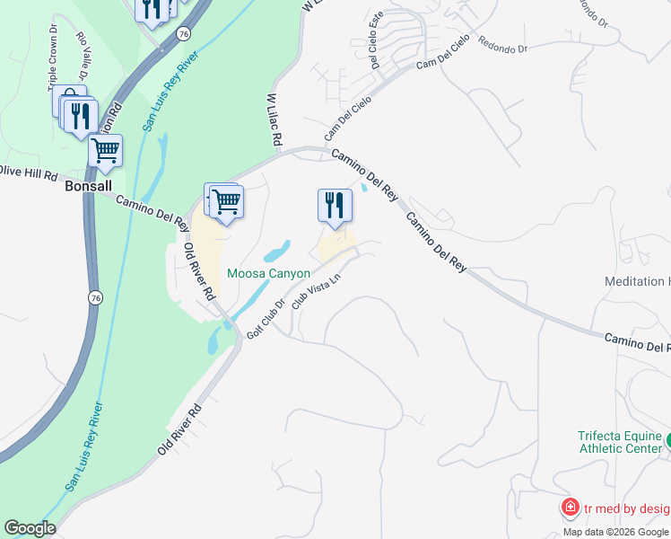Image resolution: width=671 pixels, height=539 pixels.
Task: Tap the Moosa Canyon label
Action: point(268,273)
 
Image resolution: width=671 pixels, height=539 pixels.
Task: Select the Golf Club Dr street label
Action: point(266,319)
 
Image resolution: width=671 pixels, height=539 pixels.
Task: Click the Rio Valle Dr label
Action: point(83,56)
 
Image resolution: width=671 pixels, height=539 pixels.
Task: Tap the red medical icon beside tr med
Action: point(569,508)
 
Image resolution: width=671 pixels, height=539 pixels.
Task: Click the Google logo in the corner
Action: point(30,528)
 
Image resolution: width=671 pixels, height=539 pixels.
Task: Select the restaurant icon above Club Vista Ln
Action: point(335,205)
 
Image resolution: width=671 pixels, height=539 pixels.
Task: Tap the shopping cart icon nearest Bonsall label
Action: point(106,150)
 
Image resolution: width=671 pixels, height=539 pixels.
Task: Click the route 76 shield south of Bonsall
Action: point(93,296)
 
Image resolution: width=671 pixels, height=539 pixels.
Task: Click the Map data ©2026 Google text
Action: point(616,532)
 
